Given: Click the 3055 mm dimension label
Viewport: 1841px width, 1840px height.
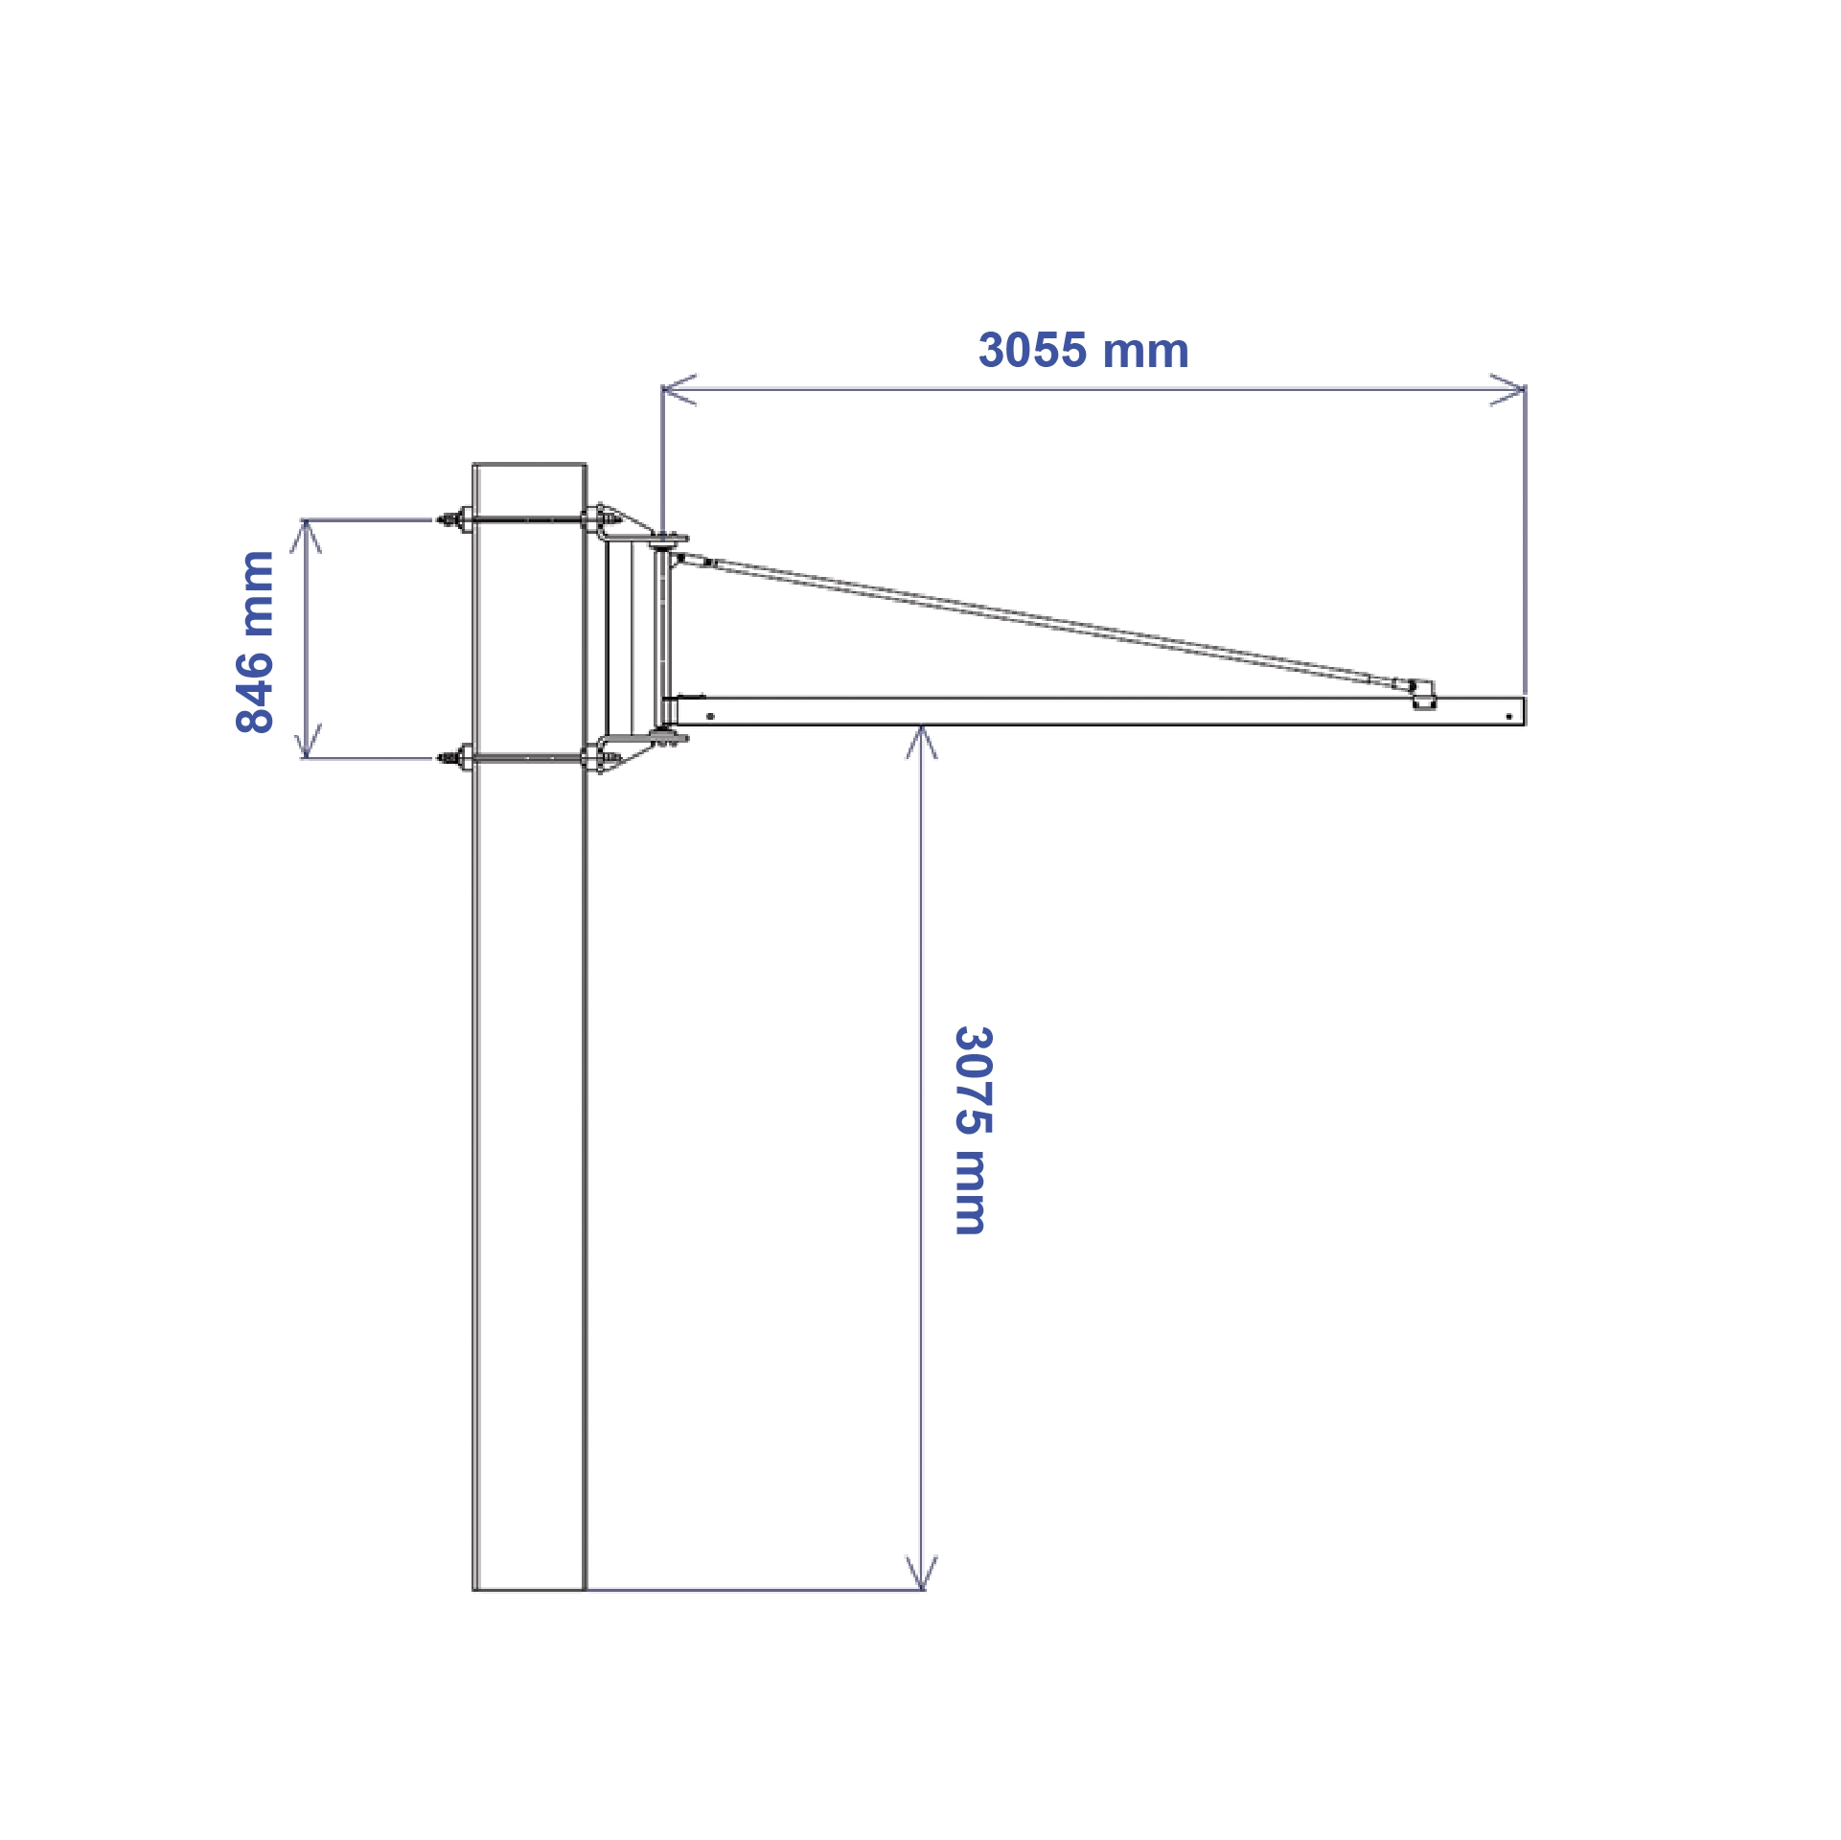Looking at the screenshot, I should pyautogui.click(x=1083, y=351).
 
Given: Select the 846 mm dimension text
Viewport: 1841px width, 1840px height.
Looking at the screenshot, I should pyautogui.click(x=255, y=642).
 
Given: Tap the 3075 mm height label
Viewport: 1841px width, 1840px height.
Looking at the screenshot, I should pyautogui.click(x=974, y=1131).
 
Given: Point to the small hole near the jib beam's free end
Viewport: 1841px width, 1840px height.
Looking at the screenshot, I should pyautogui.click(x=1508, y=716).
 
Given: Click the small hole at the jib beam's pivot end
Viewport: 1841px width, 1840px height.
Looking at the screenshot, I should pyautogui.click(x=710, y=716).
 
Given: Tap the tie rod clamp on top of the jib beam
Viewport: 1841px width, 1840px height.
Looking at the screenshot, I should pyautogui.click(x=1424, y=695).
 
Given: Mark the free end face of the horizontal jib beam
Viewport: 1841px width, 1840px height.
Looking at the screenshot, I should pyautogui.click(x=1523, y=711).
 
